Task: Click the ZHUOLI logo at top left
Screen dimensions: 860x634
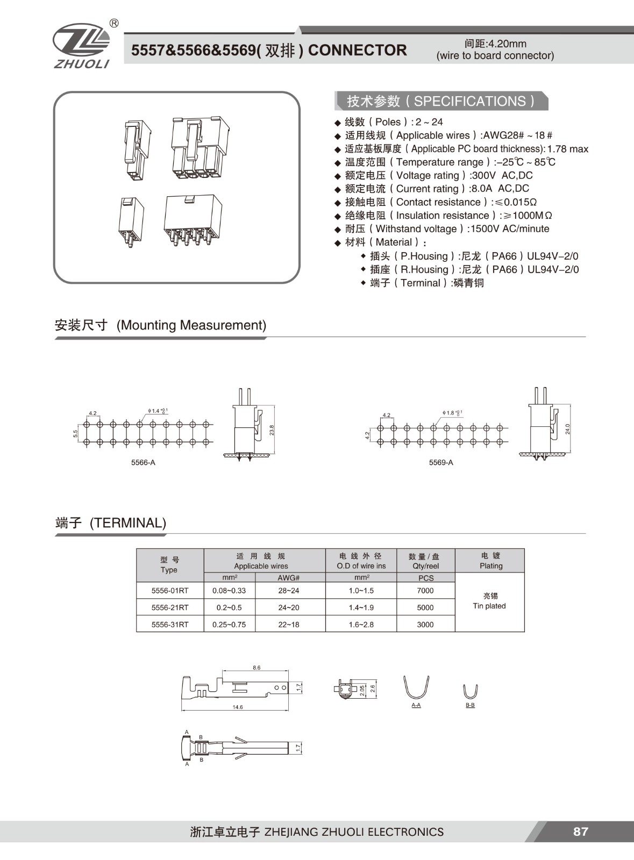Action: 81,46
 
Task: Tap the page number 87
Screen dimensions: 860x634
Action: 580,832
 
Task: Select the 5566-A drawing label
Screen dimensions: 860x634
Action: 143,462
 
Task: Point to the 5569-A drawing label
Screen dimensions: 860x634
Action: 441,462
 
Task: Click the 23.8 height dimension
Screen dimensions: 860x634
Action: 272,430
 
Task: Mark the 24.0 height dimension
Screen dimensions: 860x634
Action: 568,429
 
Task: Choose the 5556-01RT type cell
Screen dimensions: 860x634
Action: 170,591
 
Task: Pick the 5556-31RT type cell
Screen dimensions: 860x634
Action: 170,625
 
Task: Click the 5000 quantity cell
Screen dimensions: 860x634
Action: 425,607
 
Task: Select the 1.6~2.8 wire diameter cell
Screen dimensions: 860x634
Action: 361,625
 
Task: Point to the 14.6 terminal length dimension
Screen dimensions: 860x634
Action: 238,707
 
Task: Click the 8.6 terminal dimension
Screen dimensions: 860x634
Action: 257,668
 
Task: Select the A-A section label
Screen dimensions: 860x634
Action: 416,705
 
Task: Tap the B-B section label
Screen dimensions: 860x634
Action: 470,705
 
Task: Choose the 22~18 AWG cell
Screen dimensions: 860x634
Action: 289,625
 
